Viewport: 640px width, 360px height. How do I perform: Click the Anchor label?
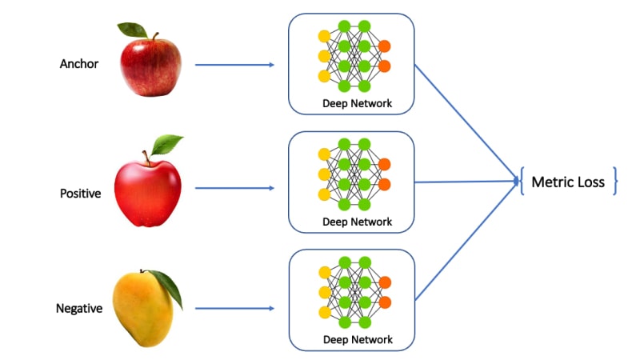[x=79, y=64]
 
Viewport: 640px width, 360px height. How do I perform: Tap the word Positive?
[x=80, y=193]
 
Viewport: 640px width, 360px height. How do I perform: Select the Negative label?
[x=79, y=308]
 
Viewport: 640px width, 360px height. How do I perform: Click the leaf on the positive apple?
[x=167, y=145]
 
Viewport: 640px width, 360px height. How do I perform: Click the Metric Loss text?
[x=568, y=182]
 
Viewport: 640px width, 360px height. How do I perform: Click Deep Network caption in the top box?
[x=358, y=103]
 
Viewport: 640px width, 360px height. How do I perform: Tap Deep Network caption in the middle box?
[x=358, y=222]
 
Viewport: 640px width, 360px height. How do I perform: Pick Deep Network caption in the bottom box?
[x=358, y=340]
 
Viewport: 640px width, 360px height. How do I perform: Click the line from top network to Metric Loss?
[x=464, y=120]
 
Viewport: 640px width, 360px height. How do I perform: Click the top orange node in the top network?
[x=385, y=46]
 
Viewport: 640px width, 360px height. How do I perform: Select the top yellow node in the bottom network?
[x=324, y=272]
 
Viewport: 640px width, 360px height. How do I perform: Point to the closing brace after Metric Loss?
[x=615, y=182]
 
